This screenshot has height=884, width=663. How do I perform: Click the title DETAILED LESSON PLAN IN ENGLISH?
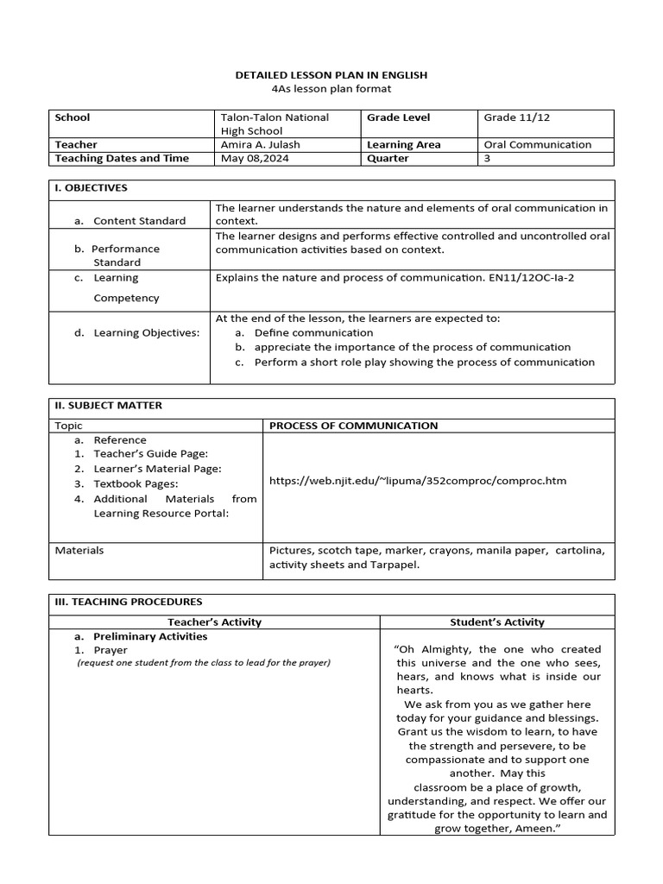331,75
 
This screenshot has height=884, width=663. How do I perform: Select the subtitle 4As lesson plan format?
331,89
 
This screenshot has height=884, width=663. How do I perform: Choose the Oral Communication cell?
538,145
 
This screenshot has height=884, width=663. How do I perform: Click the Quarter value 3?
487,159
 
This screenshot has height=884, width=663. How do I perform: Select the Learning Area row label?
403,145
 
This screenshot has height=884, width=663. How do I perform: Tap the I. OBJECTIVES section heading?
91,187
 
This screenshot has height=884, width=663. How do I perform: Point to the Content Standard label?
139,221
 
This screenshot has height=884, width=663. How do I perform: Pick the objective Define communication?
313,332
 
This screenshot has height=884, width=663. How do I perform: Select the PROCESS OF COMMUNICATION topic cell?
353,426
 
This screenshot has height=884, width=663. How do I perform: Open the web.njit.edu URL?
418,481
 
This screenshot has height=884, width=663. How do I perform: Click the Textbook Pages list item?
136,483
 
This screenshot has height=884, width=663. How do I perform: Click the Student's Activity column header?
497,622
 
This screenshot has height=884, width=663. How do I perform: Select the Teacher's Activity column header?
214,622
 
